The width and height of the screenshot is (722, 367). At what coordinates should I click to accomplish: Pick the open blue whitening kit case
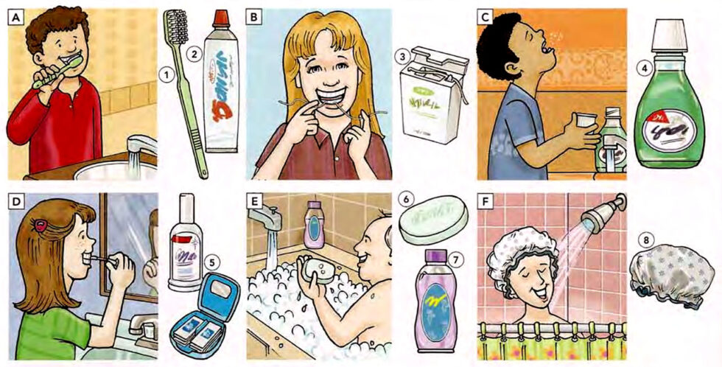tap(204, 313)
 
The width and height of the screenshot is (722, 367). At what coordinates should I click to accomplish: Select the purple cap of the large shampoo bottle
tap(434, 258)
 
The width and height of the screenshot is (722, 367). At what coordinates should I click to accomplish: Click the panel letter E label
tap(255, 201)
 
